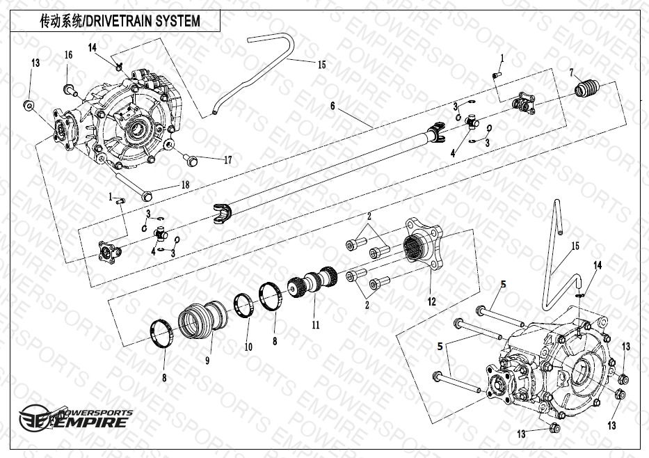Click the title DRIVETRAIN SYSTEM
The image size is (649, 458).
point(120,22)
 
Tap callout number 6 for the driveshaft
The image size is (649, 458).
point(333,106)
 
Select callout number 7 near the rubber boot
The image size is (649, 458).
point(572,72)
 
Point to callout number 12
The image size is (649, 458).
point(431,301)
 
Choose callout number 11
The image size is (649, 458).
point(314,325)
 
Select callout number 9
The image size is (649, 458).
point(207,360)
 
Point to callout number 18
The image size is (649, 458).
point(185,184)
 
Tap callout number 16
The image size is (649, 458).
point(68,55)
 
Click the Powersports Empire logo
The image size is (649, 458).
point(75,416)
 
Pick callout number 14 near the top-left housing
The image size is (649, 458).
point(93,47)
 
